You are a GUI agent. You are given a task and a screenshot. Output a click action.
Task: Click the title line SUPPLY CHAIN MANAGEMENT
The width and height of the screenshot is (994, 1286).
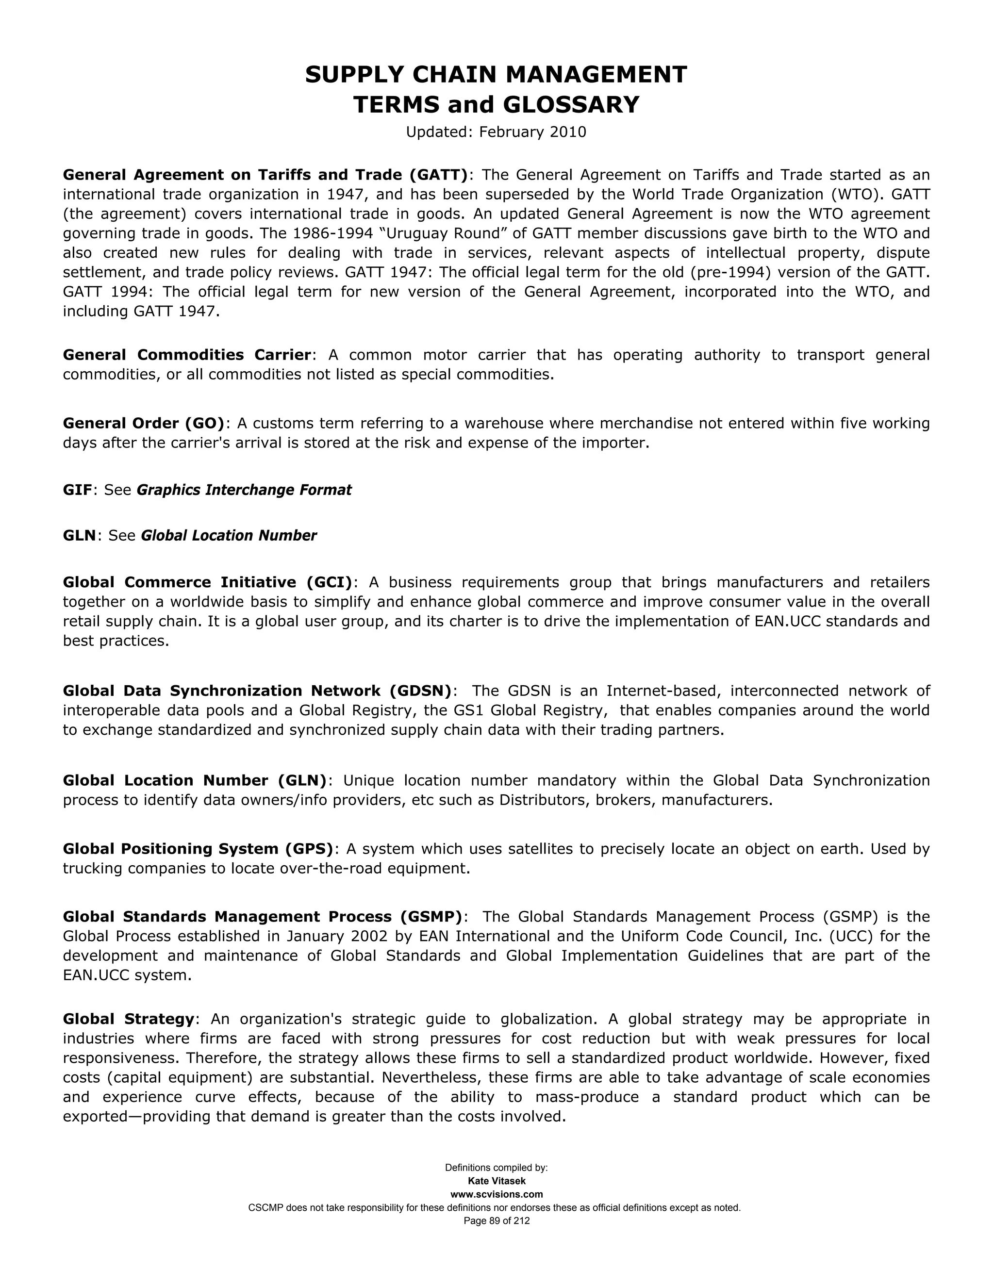point(496,75)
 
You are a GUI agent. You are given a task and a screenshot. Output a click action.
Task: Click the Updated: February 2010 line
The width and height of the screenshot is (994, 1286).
point(496,132)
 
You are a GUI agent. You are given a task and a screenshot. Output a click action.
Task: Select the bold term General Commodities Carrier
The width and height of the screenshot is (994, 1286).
point(187,355)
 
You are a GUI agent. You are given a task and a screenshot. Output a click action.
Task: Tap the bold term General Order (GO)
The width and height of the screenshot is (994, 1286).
point(144,423)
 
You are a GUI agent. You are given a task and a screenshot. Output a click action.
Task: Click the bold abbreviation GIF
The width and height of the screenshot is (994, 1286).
point(77,490)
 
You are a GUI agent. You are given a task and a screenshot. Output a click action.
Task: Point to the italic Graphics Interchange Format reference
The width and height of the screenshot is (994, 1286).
point(244,490)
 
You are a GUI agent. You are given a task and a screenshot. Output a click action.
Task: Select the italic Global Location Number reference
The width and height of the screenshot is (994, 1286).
point(229,535)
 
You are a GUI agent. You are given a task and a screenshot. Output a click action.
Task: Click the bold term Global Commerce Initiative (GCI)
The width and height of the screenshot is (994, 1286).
point(207,582)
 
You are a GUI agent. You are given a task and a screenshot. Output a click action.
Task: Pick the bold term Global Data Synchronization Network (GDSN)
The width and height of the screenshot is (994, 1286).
point(257,691)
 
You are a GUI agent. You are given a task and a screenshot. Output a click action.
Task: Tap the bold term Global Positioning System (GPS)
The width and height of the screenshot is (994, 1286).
point(198,849)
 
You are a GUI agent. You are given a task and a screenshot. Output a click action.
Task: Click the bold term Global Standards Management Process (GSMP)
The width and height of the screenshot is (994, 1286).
point(263,917)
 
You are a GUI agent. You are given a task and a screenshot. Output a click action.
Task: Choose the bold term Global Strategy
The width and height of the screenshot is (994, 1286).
point(128,1019)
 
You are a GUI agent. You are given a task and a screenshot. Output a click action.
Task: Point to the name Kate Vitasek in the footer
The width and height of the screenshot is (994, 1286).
point(497,1181)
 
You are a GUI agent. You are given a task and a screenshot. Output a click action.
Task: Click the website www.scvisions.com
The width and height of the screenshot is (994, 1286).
point(497,1194)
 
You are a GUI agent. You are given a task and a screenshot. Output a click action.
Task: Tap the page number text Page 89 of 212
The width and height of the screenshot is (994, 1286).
point(497,1220)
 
